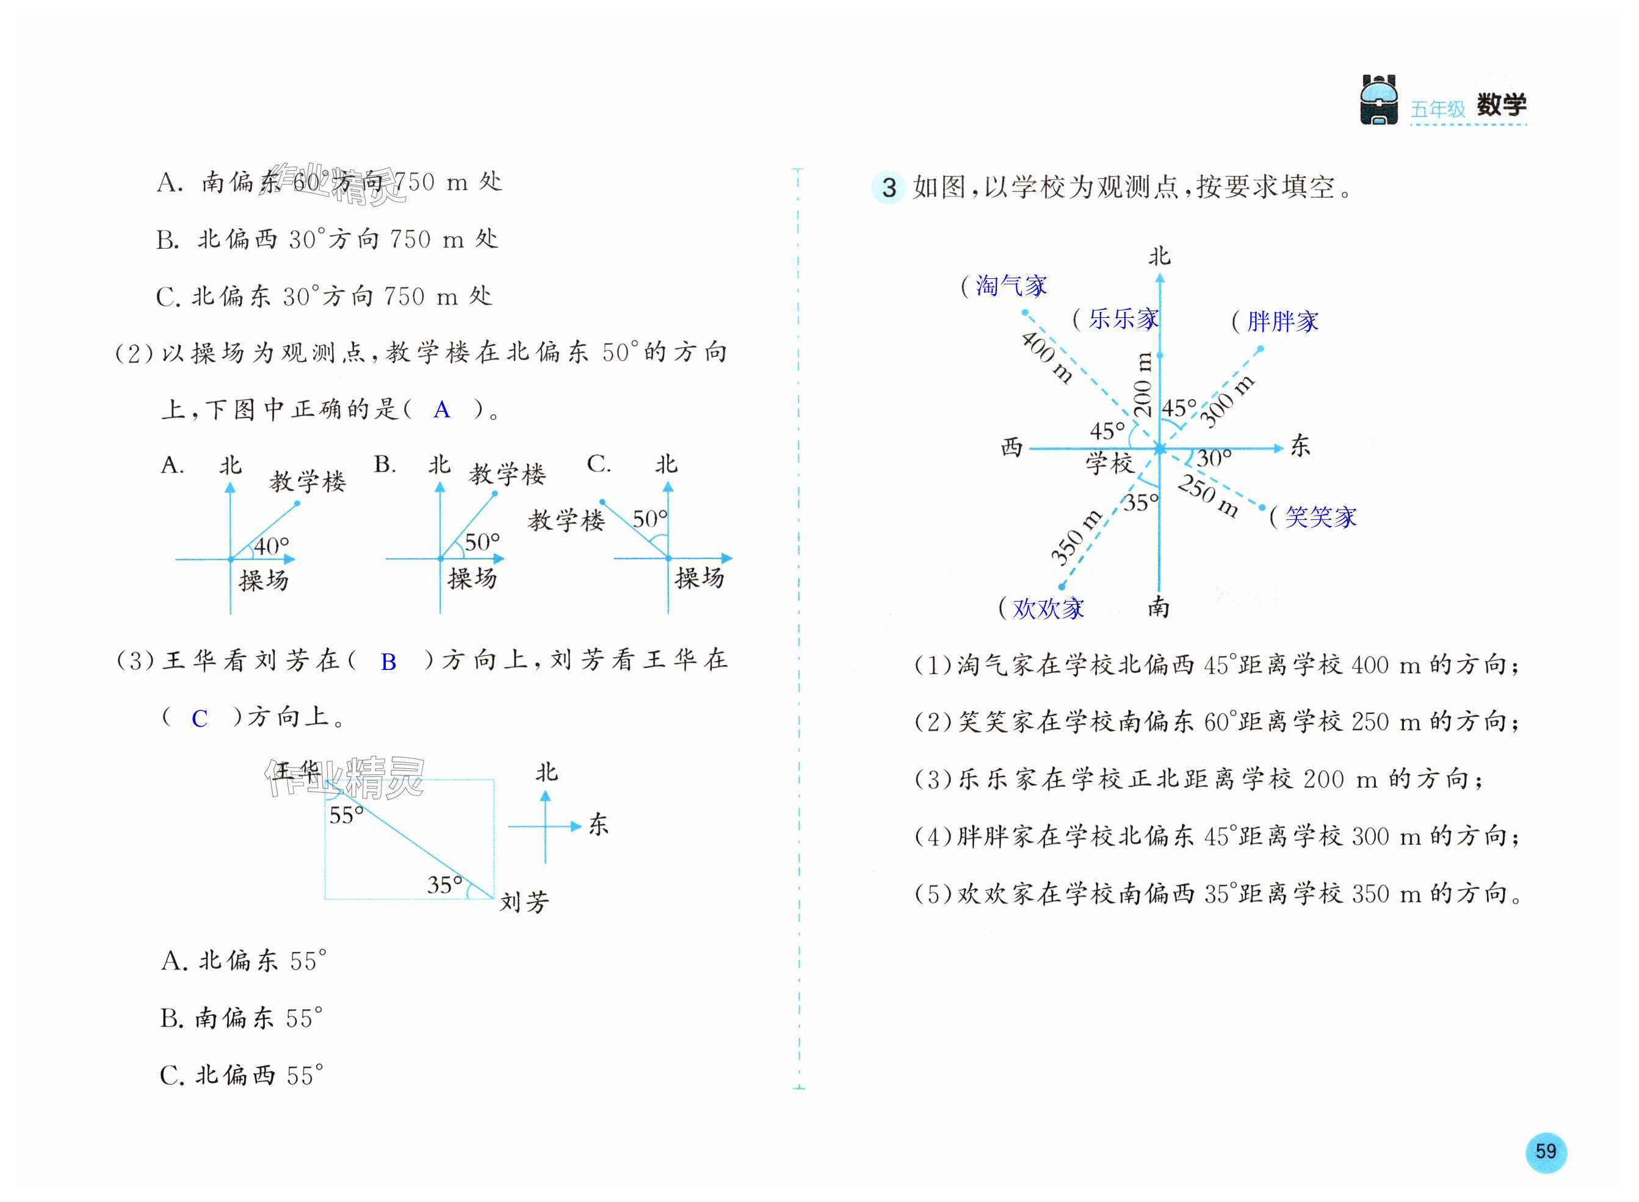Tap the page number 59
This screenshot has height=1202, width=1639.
pyautogui.click(x=1545, y=1151)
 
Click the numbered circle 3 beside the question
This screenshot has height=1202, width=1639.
pyautogui.click(x=889, y=188)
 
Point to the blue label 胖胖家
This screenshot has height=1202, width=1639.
pyautogui.click(x=1283, y=321)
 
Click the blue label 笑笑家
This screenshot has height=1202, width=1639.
pyautogui.click(x=1320, y=517)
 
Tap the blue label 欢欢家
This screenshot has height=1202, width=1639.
pyautogui.click(x=1048, y=608)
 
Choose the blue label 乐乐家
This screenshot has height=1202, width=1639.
pyautogui.click(x=1123, y=318)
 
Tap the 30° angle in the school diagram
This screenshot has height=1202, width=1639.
pyautogui.click(x=1214, y=458)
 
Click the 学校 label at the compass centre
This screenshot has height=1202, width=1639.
pyautogui.click(x=1109, y=462)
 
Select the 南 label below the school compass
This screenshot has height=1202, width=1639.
pyautogui.click(x=1159, y=607)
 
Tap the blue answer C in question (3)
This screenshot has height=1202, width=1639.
pyautogui.click(x=200, y=719)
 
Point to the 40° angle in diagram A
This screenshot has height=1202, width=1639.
pyautogui.click(x=272, y=545)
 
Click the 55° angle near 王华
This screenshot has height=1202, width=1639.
pyautogui.click(x=347, y=816)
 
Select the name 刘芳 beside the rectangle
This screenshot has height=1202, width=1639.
pyautogui.click(x=524, y=902)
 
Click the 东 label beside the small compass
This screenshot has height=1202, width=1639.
pyautogui.click(x=598, y=825)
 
